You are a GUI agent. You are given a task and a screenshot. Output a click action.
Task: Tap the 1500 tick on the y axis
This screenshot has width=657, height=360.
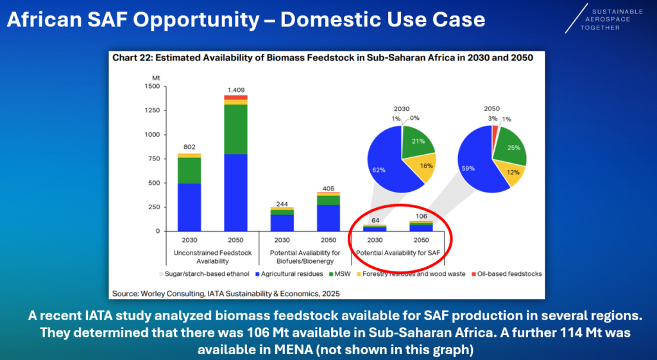pyautogui.click(x=152, y=86)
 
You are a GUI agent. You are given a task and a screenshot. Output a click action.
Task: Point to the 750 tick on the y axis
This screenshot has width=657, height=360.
pyautogui.click(x=153, y=159)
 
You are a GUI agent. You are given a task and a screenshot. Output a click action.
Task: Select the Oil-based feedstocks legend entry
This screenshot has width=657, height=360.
pyautogui.click(x=505, y=273)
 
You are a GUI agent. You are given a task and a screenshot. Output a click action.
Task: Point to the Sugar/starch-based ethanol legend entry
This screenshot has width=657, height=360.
pyautogui.click(x=204, y=273)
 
